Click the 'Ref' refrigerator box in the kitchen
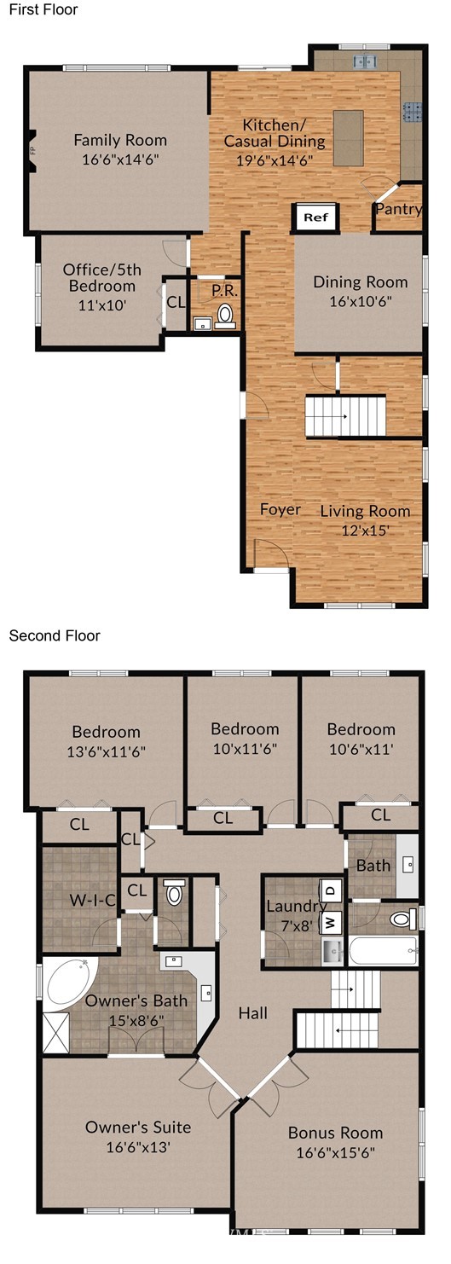click(x=315, y=217)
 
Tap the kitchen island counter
click(x=348, y=137)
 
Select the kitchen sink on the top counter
click(x=365, y=61)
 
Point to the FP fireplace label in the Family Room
click(x=32, y=150)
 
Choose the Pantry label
click(x=399, y=209)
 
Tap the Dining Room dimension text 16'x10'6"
click(x=361, y=301)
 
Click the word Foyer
click(x=280, y=509)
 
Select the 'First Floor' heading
click(x=43, y=9)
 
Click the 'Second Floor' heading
click(x=55, y=635)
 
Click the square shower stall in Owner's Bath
click(x=55, y=1032)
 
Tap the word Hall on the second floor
click(x=252, y=1013)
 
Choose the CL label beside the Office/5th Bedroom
click(x=176, y=302)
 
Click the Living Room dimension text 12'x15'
click(x=366, y=531)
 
